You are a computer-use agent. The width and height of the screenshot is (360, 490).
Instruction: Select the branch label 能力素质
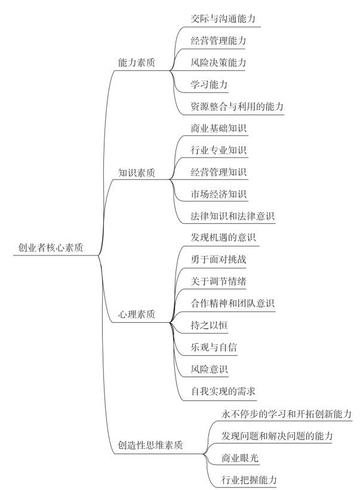137,63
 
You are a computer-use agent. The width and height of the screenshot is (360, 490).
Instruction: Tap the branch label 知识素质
137,173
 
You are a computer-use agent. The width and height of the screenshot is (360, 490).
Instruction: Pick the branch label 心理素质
137,315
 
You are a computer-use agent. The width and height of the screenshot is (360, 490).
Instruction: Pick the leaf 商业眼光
236,457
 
